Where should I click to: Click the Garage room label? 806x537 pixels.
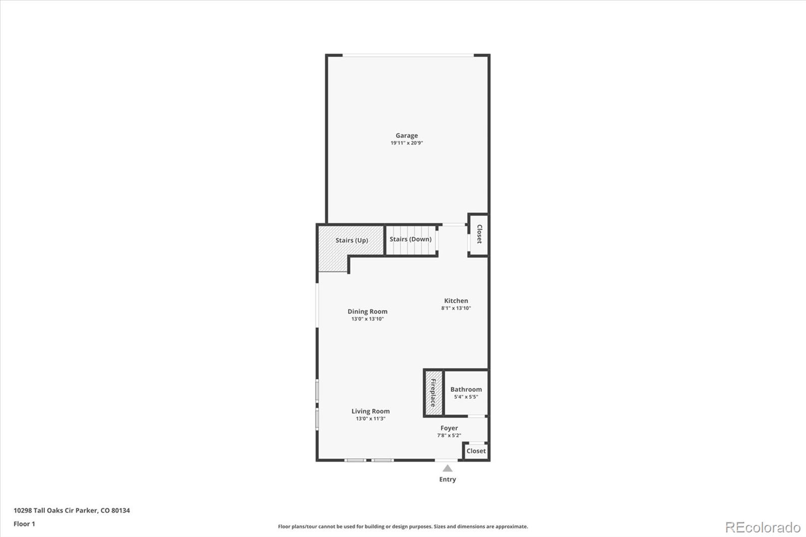(x=407, y=136)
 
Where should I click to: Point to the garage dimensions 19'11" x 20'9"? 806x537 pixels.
(x=407, y=143)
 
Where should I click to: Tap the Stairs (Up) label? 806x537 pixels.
(x=352, y=240)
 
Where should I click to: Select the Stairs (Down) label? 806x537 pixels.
(x=411, y=239)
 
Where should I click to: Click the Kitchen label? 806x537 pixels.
(x=456, y=301)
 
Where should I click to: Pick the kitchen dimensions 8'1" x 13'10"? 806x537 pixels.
(x=456, y=308)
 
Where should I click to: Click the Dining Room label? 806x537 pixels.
(x=367, y=311)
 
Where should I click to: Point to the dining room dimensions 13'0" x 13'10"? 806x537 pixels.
(x=367, y=319)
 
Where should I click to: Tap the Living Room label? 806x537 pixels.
(x=371, y=411)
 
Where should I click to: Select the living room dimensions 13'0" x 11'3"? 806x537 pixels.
(x=371, y=419)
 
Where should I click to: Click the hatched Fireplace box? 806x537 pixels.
(x=434, y=392)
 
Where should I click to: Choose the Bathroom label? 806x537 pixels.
(x=466, y=389)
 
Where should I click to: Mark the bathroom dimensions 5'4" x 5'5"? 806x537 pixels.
(x=466, y=397)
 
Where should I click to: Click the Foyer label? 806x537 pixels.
(x=449, y=428)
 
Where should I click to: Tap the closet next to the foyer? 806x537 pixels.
(x=476, y=451)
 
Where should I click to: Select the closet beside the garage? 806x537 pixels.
(x=479, y=234)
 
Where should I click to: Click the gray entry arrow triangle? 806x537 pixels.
(x=447, y=468)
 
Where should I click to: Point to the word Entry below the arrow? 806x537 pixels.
(x=447, y=480)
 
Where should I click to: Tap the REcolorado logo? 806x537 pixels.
(x=763, y=527)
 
